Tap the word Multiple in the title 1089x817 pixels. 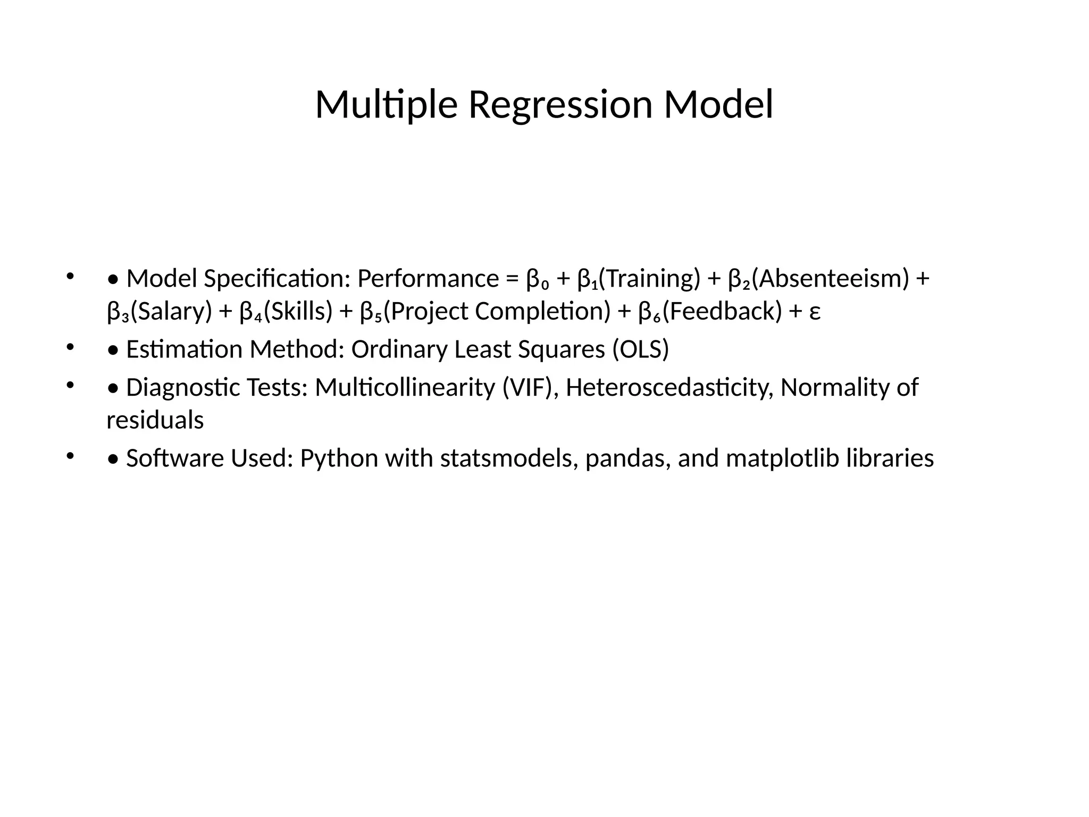[386, 105]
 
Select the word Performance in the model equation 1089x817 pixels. [428, 279]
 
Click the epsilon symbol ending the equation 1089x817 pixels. [815, 313]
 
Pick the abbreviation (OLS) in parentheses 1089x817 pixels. [640, 350]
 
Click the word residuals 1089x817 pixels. [155, 421]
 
